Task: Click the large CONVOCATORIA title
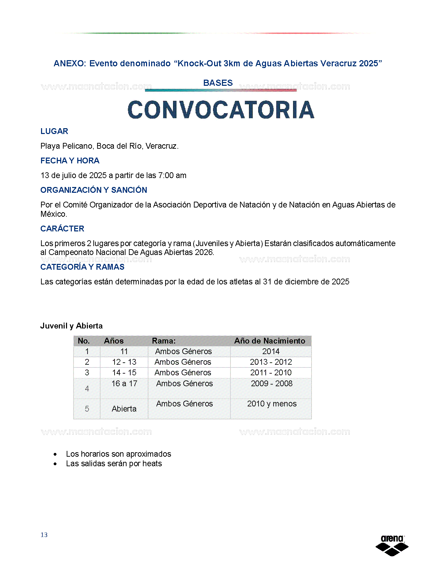coord(221,110)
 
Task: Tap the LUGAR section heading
coord(54,131)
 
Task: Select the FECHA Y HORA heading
coord(70,161)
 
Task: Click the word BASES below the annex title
coord(218,83)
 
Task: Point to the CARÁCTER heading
coord(62,229)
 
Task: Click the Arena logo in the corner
coord(392,545)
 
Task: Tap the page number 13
coord(44,535)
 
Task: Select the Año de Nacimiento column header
coord(269,341)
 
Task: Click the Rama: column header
coord(164,341)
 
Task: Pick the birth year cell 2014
coord(271,351)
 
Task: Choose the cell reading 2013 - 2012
coord(271,362)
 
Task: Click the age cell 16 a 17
coord(124,384)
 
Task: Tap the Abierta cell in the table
coord(124,409)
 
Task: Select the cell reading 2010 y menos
coord(272,404)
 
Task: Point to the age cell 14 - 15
coord(124,373)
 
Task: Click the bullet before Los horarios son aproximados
coord(55,454)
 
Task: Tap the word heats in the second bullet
coord(152,464)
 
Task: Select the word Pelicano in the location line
coord(78,146)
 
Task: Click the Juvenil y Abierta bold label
coord(71,326)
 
